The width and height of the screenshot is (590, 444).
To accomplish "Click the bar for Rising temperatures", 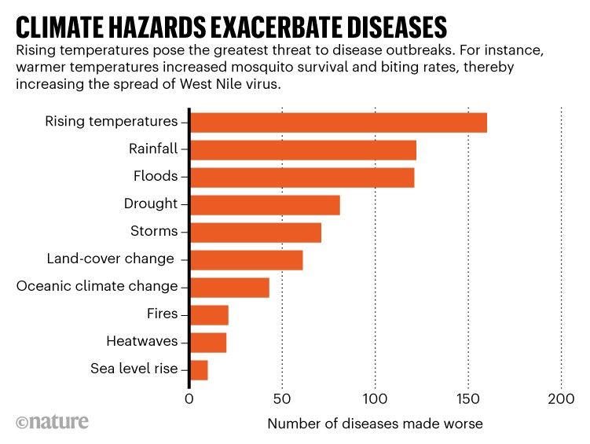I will click(x=338, y=123).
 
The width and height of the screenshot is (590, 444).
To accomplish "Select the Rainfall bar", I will click(x=302, y=150).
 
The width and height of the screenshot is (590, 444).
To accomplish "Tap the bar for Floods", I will click(x=302, y=178).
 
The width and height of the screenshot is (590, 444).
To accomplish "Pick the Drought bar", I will click(x=265, y=205).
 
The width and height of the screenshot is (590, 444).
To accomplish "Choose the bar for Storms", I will click(x=255, y=233).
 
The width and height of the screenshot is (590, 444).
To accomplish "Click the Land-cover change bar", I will click(x=246, y=260).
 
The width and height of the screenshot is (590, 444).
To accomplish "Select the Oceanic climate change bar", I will click(x=229, y=288).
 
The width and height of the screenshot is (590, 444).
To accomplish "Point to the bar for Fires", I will click(x=209, y=315).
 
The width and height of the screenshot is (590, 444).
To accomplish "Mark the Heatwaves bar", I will click(x=208, y=343).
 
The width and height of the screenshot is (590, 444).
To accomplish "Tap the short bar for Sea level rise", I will click(x=199, y=370).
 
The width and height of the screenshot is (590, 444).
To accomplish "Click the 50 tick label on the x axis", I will click(x=282, y=398).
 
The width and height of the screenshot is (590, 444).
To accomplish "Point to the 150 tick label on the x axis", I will click(x=468, y=398).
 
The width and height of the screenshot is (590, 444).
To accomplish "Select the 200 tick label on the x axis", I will click(x=561, y=398).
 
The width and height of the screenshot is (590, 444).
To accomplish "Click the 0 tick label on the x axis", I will click(x=189, y=398).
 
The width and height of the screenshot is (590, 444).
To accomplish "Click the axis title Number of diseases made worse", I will click(x=375, y=424).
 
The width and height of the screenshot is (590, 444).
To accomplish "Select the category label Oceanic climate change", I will click(x=97, y=286).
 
